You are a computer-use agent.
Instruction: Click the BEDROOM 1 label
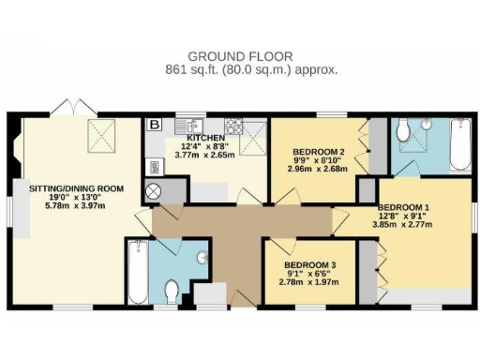point(403,207)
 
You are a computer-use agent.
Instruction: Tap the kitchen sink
point(196,123)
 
